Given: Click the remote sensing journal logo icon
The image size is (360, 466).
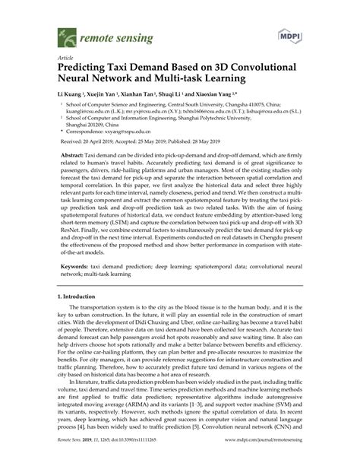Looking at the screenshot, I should click(59, 34).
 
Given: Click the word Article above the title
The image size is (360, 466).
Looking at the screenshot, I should click(55, 57).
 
